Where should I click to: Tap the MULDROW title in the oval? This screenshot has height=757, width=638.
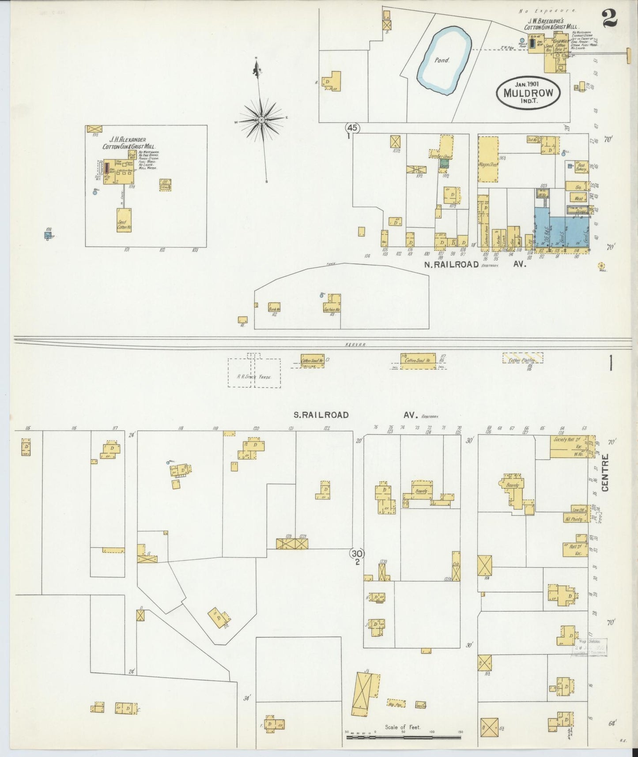click(x=528, y=94)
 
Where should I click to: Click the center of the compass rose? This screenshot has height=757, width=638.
click(x=261, y=120)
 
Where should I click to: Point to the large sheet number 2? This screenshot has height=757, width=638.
click(x=609, y=19)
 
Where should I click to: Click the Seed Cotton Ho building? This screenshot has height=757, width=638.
click(x=124, y=220)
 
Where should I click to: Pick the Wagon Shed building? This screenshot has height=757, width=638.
click(x=488, y=159)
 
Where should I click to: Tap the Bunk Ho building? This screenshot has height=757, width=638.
click(x=274, y=308)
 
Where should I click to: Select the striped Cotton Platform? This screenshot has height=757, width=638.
click(x=522, y=358)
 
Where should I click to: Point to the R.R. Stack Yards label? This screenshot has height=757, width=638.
click(x=253, y=377)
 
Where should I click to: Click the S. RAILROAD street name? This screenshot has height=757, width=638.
click(x=321, y=415)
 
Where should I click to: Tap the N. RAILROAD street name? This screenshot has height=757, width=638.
click(x=451, y=265)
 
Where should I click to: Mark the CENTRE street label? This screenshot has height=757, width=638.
click(x=605, y=472)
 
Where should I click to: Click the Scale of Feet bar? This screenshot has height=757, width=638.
click(x=403, y=737)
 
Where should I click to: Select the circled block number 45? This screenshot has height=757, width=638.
click(x=352, y=128)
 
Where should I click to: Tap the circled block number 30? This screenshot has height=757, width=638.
click(x=357, y=553)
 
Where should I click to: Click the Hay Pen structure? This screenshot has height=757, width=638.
click(x=396, y=703)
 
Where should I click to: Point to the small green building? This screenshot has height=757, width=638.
click(x=444, y=163)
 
